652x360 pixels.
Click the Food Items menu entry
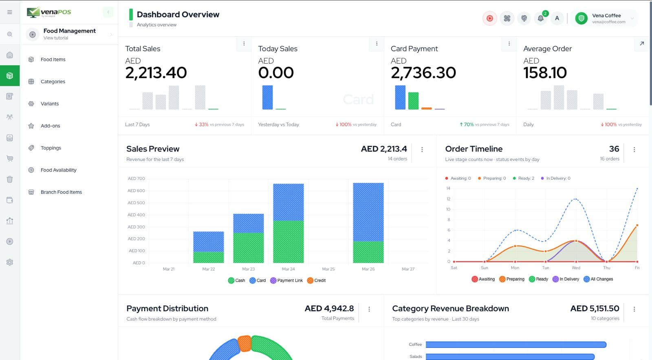[x=53, y=59]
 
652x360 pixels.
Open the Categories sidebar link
[x=53, y=81]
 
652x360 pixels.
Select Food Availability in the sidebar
[x=58, y=170]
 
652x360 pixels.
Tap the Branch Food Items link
[x=61, y=192]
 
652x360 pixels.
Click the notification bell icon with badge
[x=540, y=18]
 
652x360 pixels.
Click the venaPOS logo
[x=49, y=12]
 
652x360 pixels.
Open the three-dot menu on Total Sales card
[x=244, y=44]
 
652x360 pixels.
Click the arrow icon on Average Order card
[x=642, y=44]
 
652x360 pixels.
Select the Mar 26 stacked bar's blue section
[x=368, y=212]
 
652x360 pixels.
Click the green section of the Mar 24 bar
[x=288, y=241]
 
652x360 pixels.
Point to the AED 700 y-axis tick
[x=136, y=178]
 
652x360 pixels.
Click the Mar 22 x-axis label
[x=208, y=269]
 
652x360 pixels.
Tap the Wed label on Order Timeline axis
[x=576, y=268]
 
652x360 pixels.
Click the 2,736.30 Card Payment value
[x=423, y=73]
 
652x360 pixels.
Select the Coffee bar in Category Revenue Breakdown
[x=516, y=345]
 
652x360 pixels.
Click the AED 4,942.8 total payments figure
[x=329, y=308]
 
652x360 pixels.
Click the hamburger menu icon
[x=10, y=12]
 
